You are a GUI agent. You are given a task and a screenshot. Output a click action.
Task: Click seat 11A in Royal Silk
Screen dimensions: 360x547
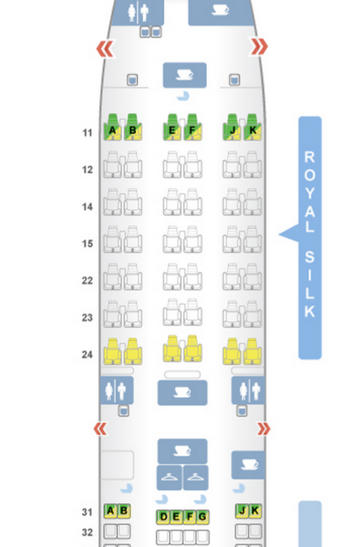click(x=113, y=127)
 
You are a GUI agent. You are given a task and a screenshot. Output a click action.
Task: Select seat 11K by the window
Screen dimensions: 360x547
click(x=252, y=127)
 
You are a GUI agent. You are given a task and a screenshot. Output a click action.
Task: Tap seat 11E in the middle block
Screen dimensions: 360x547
click(x=172, y=127)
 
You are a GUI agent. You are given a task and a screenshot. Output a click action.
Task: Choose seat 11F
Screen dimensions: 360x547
click(x=192, y=127)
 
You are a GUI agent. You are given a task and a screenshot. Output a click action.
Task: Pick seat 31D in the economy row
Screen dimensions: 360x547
click(x=162, y=517)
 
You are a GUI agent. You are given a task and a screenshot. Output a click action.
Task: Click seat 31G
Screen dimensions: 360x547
click(x=202, y=517)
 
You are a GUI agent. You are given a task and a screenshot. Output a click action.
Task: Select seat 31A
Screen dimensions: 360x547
click(x=111, y=511)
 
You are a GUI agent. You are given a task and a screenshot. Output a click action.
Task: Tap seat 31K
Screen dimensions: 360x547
click(x=256, y=511)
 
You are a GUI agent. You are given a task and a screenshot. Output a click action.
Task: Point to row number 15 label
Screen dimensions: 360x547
click(x=87, y=243)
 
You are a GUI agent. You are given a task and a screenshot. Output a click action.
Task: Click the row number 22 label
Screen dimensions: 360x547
click(x=87, y=280)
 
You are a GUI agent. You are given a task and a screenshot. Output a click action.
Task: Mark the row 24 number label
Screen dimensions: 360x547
click(x=87, y=354)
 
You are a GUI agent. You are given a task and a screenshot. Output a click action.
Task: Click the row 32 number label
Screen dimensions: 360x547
click(x=87, y=532)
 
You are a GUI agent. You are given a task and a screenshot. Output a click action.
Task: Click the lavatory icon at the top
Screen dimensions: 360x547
click(x=138, y=13)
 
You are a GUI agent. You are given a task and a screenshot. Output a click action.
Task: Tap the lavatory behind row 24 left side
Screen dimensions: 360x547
click(x=116, y=391)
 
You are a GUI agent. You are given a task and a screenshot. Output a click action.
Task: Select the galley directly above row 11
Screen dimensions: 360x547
click(x=185, y=75)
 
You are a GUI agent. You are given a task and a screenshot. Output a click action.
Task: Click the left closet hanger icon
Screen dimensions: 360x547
click(x=169, y=478)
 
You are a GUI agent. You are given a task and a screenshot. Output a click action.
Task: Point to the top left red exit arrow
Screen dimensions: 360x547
click(x=105, y=49)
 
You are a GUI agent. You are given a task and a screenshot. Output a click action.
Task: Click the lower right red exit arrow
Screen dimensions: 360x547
click(x=264, y=428)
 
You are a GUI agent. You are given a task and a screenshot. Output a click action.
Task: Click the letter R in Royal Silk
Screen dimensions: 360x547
click(x=309, y=157)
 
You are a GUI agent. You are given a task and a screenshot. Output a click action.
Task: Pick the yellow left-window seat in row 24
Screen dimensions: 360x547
click(x=113, y=351)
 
